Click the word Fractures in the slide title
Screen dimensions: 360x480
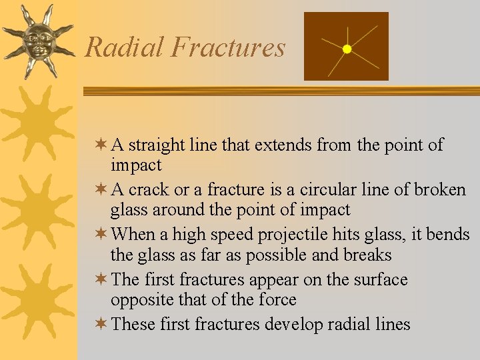click(x=228, y=47)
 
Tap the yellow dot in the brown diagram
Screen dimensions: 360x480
click(x=347, y=49)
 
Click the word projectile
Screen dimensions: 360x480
click(x=303, y=235)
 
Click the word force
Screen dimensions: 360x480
click(x=273, y=301)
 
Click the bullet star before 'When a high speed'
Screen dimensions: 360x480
click(x=101, y=235)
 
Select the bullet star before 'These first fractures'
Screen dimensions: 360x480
click(x=101, y=325)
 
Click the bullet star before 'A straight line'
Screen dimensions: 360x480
click(x=101, y=145)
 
